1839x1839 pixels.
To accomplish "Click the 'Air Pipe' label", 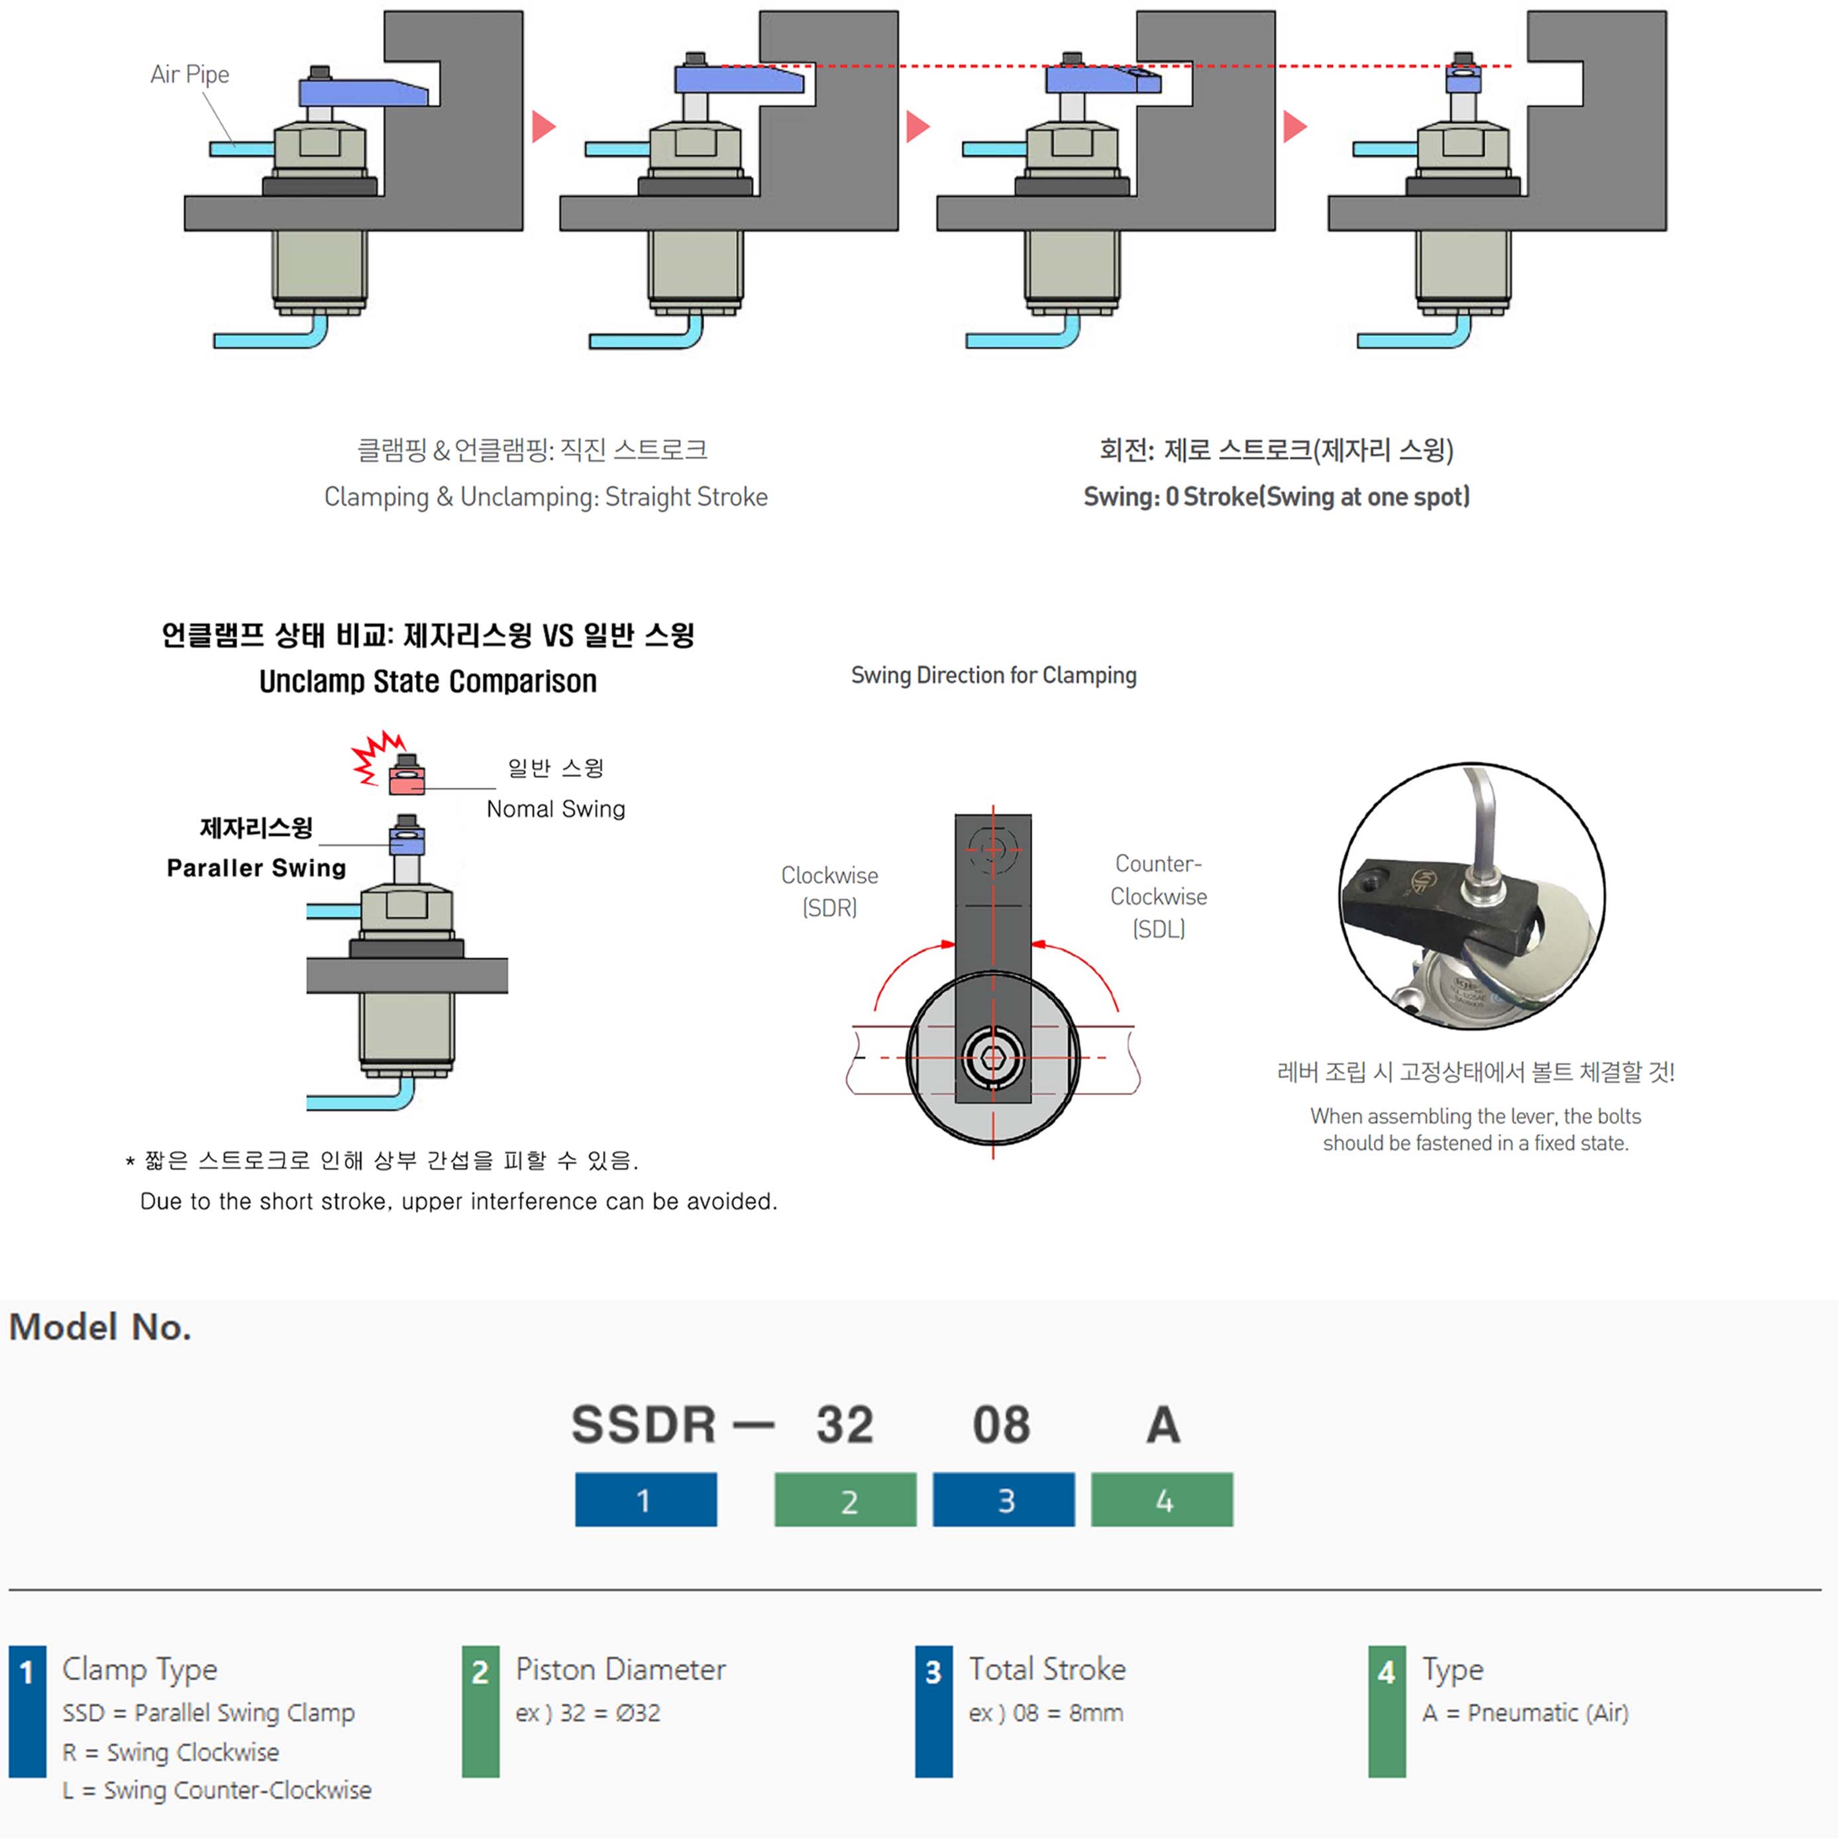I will coord(189,74).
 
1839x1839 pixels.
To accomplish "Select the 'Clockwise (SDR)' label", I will coord(829,891).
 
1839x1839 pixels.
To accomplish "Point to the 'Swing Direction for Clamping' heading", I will coord(993,675).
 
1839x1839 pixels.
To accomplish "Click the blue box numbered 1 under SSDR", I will coord(645,1499).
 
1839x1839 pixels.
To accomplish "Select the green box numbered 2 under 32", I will coord(845,1499).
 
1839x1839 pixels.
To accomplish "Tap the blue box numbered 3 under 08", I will coord(1003,1499).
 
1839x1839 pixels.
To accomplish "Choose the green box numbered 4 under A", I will coord(1161,1499).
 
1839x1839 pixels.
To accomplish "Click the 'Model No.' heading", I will coord(100,1327).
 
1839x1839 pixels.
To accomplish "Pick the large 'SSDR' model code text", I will coord(643,1425).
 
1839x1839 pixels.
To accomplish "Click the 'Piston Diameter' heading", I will coord(621,1669).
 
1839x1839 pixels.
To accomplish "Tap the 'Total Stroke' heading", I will coord(1047,1669).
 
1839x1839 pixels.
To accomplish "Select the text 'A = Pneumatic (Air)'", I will coord(1525,1712).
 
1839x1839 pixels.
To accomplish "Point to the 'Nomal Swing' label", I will coord(556,809).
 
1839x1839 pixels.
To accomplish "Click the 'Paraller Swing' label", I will coord(256,867).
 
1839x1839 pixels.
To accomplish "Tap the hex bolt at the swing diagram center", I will coord(993,1057).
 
